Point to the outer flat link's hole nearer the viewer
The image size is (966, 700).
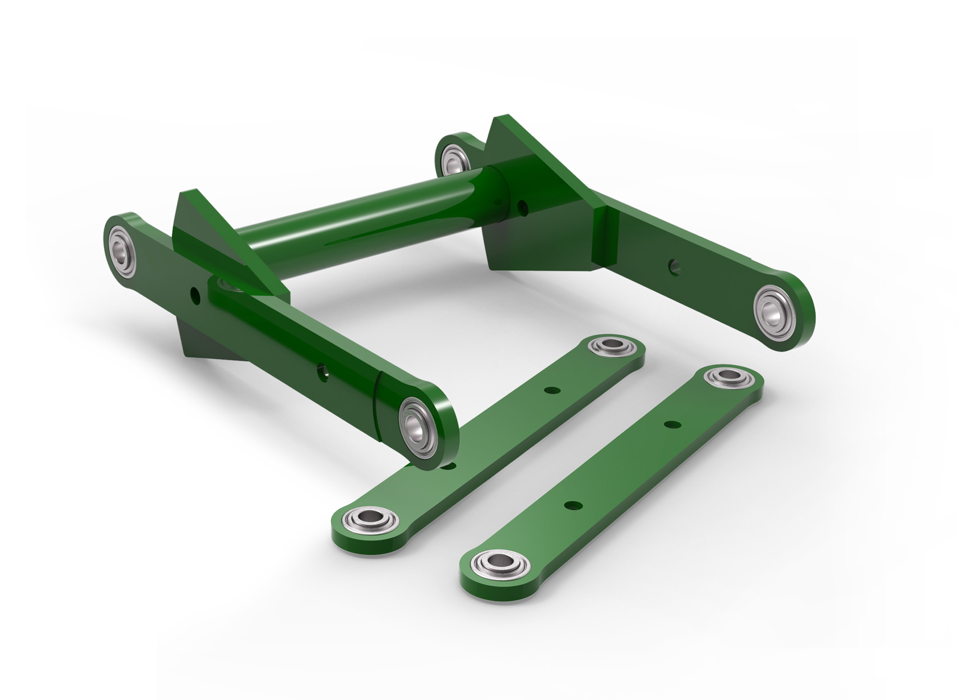pos(573,505)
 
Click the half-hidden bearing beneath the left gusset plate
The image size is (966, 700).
pos(228,284)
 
